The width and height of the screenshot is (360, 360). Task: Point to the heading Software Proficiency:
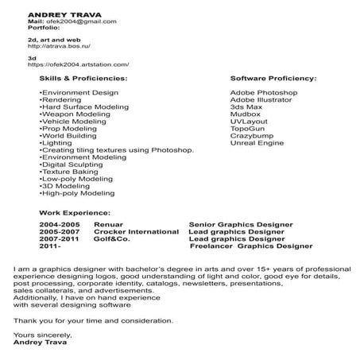point(273,79)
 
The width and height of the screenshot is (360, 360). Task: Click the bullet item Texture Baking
point(68,171)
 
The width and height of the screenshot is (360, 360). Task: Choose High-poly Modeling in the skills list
point(77,192)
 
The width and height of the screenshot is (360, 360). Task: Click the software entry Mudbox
point(244,114)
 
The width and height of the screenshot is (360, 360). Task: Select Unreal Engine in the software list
point(256,142)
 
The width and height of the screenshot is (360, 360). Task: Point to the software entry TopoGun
point(247,128)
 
